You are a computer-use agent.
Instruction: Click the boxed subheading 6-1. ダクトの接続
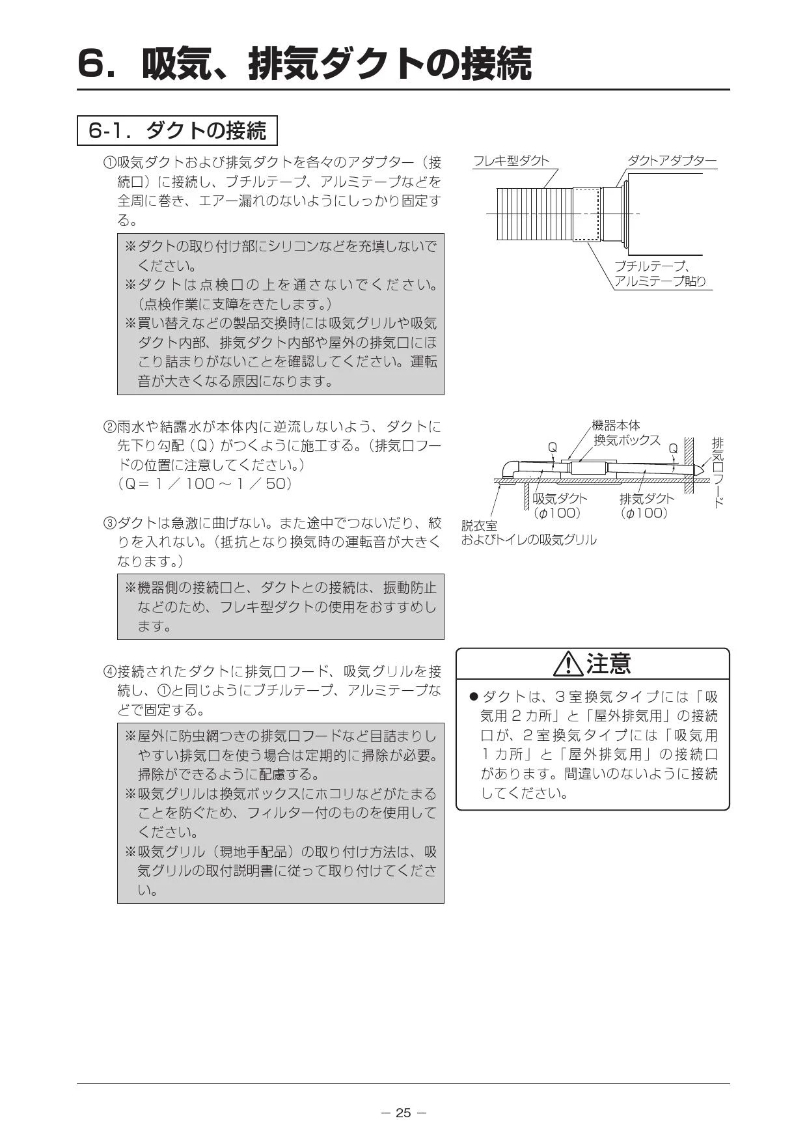(177, 131)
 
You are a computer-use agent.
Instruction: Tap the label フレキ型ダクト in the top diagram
(511, 161)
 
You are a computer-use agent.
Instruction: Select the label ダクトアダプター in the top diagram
(671, 161)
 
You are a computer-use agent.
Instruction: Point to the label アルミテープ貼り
(660, 281)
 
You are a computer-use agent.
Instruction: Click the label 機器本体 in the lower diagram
(616, 425)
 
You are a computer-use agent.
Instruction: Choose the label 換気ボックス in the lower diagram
(627, 440)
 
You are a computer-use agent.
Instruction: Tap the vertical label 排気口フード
(718, 472)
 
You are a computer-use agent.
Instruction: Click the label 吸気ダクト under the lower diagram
(560, 499)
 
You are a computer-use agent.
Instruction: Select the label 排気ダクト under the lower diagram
(647, 499)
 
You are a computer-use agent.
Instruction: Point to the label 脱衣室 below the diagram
(478, 525)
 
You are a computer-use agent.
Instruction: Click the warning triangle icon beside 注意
(568, 665)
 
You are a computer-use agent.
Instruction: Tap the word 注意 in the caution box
(609, 663)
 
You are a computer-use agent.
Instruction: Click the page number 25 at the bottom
(403, 1113)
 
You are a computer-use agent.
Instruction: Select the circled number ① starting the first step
(109, 162)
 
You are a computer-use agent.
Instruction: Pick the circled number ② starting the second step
(109, 427)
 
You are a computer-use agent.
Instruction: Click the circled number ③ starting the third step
(109, 523)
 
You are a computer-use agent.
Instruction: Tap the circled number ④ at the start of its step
(109, 671)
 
